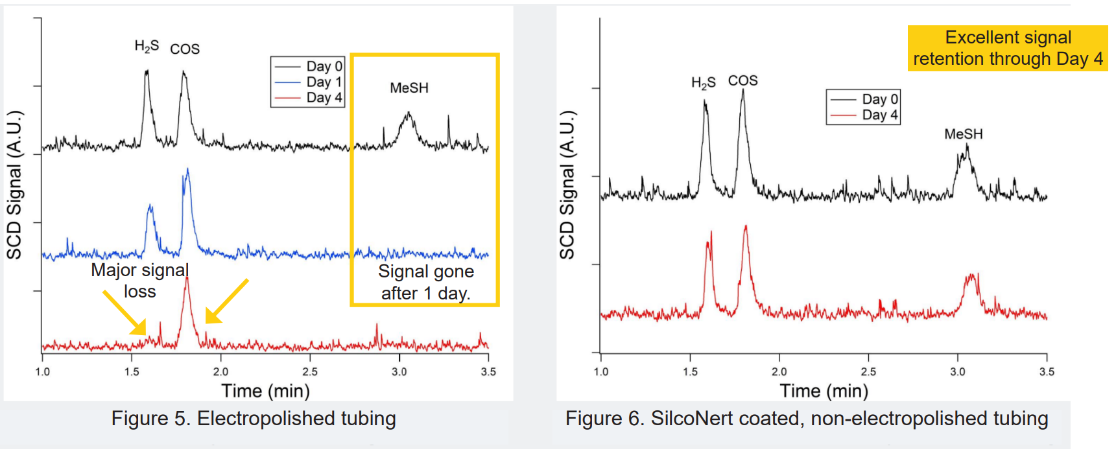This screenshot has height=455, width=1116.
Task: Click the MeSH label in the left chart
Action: coord(409,87)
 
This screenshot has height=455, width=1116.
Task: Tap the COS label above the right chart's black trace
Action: coord(742,80)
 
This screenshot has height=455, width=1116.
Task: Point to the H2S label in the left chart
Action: coord(147,46)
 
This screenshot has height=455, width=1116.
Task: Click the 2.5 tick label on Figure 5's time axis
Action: coord(310,371)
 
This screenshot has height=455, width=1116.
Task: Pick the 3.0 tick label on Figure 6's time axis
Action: coord(957,371)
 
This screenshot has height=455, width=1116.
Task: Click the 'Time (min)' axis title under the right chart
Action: coord(824,391)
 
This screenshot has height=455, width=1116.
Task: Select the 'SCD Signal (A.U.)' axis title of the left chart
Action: coord(14,185)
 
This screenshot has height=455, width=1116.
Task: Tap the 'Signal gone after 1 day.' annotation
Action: coord(426,282)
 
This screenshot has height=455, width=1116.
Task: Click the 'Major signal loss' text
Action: coord(140,280)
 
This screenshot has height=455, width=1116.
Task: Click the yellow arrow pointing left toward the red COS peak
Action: coord(226,301)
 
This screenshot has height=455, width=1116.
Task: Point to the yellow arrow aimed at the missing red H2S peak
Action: coord(124,312)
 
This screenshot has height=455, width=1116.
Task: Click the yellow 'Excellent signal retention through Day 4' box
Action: coord(1007,48)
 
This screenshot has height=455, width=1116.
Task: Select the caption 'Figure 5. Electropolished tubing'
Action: coord(254,419)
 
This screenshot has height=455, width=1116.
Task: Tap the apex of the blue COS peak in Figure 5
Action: coord(187,169)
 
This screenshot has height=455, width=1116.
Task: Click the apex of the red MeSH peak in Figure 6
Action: coord(971,275)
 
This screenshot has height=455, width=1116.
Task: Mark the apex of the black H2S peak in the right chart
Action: coord(705,100)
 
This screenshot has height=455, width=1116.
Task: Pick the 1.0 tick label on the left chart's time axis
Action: coord(42,371)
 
